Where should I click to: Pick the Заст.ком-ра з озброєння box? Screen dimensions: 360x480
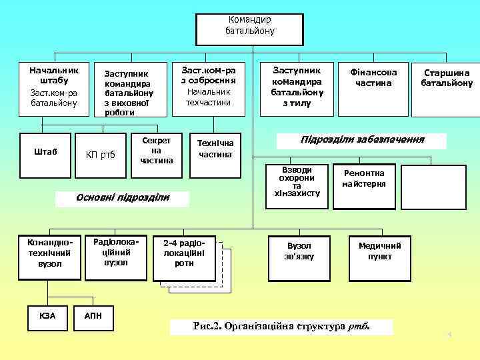click(x=209, y=87)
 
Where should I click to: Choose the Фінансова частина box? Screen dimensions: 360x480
click(x=373, y=79)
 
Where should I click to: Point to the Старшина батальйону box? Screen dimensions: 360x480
click(x=446, y=79)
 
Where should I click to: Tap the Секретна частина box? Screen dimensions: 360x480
click(x=157, y=151)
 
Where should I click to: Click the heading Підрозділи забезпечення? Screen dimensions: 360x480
click(x=363, y=141)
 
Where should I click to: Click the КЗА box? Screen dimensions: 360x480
click(x=47, y=316)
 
